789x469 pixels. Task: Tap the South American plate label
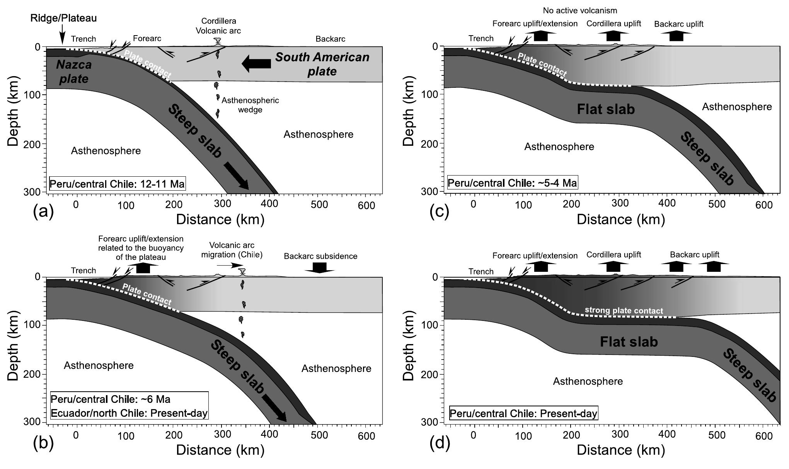pyautogui.click(x=322, y=64)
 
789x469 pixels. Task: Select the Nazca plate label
pyautogui.click(x=73, y=72)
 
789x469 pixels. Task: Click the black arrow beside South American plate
pyautogui.click(x=257, y=63)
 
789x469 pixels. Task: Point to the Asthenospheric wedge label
pyautogui.click(x=250, y=105)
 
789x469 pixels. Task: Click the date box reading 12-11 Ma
pyautogui.click(x=118, y=184)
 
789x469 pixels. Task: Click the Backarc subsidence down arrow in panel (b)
pyautogui.click(x=319, y=267)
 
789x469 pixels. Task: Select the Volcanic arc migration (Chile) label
pyautogui.click(x=232, y=250)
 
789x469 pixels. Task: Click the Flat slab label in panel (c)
pyautogui.click(x=606, y=109)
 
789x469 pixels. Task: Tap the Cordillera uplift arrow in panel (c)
pyautogui.click(x=613, y=36)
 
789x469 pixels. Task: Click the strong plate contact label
pyautogui.click(x=624, y=310)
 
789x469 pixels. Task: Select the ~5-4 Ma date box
pyautogui.click(x=512, y=182)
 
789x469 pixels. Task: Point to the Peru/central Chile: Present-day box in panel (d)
pyautogui.click(x=523, y=413)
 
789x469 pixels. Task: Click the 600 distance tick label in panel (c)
pyautogui.click(x=764, y=205)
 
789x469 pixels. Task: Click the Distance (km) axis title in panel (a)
pyautogui.click(x=220, y=220)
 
